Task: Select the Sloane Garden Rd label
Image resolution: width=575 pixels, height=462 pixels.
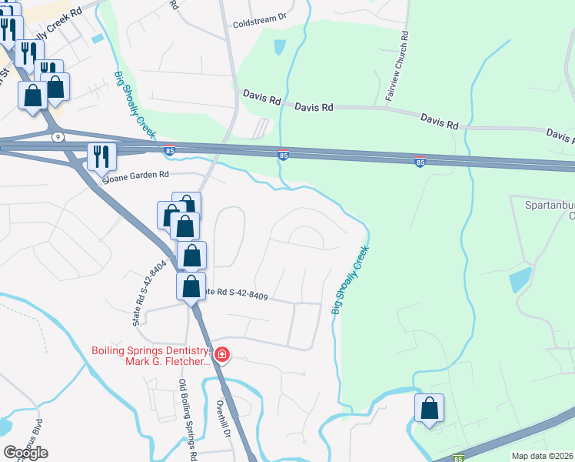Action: pos(136,176)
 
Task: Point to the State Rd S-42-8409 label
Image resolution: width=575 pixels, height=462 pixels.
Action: pos(234,293)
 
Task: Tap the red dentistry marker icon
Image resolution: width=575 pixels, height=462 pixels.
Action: pos(222,355)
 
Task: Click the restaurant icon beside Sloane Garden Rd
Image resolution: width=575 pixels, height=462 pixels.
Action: pos(101,156)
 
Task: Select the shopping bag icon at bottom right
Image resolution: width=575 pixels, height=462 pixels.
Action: pos(430,409)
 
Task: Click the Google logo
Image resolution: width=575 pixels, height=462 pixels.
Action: pos(25,453)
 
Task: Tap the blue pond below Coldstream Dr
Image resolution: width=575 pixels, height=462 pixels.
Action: pos(279,47)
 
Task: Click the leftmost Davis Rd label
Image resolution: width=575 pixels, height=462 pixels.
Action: pos(261,99)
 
